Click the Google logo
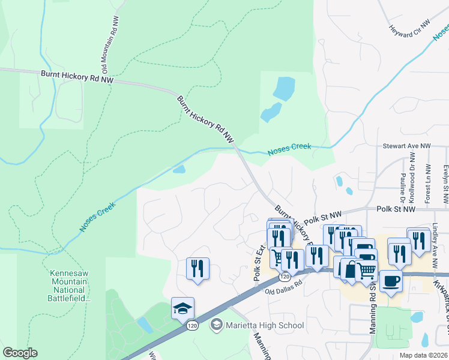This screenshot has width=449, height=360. pos(20,353)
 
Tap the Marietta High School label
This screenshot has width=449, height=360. pos(264,325)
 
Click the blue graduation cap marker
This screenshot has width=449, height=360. pos(182,309)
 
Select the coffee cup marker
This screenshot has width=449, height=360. pos(391,281)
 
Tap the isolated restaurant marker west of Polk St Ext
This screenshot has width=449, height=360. pos(197,269)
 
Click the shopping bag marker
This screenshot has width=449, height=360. pos(351,269)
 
